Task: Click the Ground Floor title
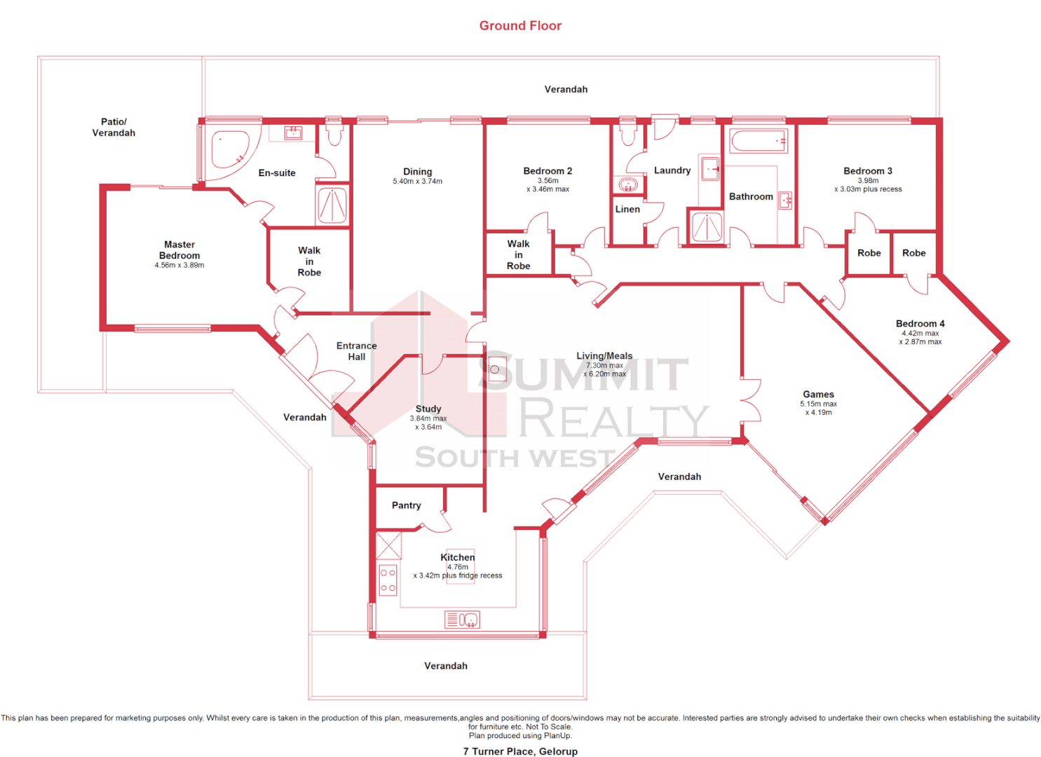[520, 26]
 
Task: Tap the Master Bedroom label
[179, 250]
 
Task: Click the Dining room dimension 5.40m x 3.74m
[417, 182]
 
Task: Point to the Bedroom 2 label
[547, 171]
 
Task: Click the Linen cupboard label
[627, 209]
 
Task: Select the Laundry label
[672, 170]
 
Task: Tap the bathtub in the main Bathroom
[758, 141]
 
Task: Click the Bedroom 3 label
[867, 171]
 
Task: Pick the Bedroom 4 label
[920, 324]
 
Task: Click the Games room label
[818, 395]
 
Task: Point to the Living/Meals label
[604, 356]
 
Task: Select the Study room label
[428, 409]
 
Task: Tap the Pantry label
[406, 505]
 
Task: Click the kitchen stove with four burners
[388, 580]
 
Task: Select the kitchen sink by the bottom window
[462, 620]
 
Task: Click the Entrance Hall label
[356, 351]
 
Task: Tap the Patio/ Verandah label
[114, 127]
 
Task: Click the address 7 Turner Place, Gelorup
[520, 751]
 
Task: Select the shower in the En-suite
[332, 206]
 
